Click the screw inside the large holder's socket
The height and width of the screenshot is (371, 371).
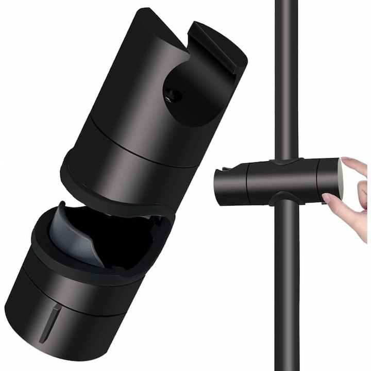click(x=174, y=94)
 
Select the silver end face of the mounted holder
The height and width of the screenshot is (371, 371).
click(x=340, y=178)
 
